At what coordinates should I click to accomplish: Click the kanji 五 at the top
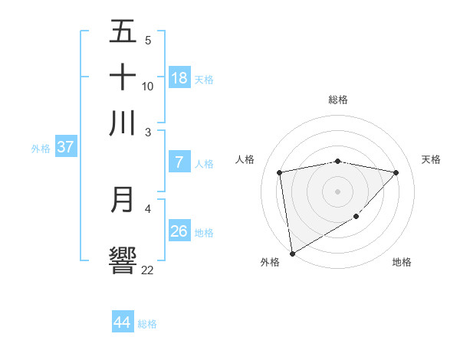point(123,31)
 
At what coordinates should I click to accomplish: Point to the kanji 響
point(123,260)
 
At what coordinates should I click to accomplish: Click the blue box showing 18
point(179,77)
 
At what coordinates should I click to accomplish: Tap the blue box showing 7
point(179,162)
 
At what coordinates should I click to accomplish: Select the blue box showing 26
point(179,231)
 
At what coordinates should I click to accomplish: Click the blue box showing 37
point(65,147)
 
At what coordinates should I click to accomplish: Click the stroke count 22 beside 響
point(147,270)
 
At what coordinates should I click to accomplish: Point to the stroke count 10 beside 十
point(147,86)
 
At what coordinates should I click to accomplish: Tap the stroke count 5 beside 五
point(148,41)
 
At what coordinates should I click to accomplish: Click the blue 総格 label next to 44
point(147,324)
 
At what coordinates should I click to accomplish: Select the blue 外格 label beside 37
point(41,149)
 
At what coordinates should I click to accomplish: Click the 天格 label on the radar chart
point(431,159)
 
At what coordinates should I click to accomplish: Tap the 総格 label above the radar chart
point(337,100)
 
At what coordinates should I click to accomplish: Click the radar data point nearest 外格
point(292,253)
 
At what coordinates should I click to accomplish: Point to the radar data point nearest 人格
point(280,172)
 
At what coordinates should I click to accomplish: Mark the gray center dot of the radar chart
point(337,191)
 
